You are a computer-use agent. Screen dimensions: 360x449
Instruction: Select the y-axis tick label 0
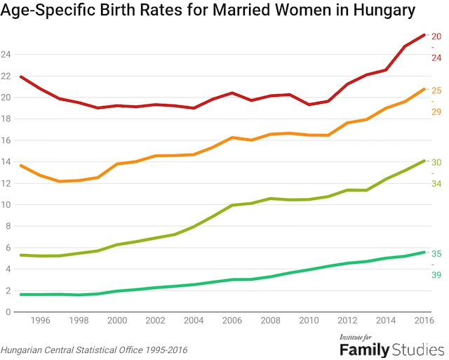coord(7,312)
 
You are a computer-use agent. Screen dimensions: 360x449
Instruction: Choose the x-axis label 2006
coord(232,321)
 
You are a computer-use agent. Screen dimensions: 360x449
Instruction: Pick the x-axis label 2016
coord(423,321)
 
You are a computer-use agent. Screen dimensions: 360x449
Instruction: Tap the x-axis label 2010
coord(309,321)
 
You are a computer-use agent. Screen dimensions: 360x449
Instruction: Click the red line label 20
coord(436,36)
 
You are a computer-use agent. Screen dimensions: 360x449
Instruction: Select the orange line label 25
coord(436,91)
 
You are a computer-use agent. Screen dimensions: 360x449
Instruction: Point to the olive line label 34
coord(436,184)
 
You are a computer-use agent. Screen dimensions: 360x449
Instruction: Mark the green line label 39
coord(436,275)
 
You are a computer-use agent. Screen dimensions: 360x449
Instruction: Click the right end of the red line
coord(424,34)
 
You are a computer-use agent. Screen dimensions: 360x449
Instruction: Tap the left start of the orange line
coord(20,166)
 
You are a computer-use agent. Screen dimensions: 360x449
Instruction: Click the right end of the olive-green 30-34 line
coord(424,161)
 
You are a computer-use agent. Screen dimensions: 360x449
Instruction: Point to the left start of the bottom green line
coord(20,294)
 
